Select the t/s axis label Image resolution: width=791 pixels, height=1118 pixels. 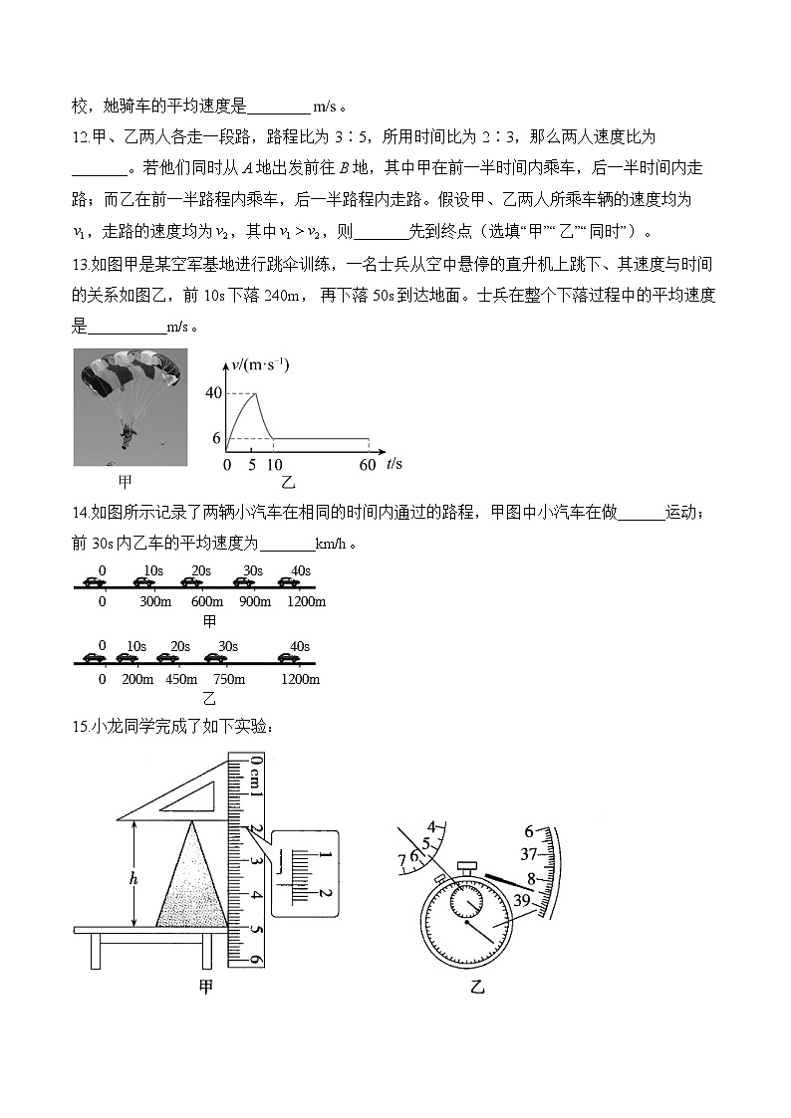click(x=395, y=464)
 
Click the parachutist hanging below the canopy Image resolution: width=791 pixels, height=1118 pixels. click(x=126, y=435)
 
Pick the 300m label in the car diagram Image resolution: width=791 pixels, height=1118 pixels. click(x=155, y=601)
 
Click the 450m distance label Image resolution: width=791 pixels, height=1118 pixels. click(x=175, y=679)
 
